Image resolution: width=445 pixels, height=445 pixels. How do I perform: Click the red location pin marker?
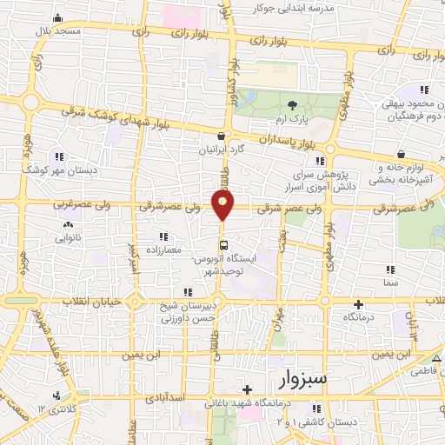click(x=223, y=206)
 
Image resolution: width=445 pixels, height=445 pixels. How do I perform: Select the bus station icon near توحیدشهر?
click(x=223, y=245)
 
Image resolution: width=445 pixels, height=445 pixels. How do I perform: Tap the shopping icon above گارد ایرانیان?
click(x=224, y=136)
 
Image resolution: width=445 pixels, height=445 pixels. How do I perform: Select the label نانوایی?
click(x=68, y=236)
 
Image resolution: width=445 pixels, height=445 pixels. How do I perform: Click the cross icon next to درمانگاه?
click(x=358, y=304)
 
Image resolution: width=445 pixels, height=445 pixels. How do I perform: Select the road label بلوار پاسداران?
click(x=275, y=138)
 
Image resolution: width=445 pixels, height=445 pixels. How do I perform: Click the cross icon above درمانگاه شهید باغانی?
click(x=248, y=389)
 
